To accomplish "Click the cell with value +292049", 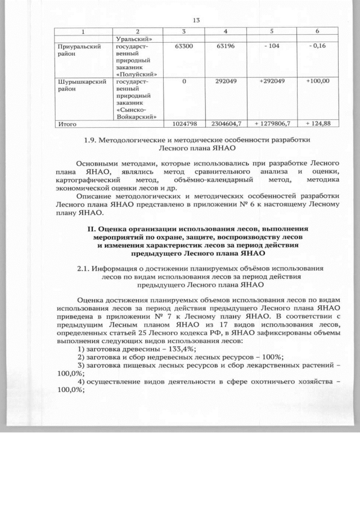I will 272,82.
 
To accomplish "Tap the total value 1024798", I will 183,123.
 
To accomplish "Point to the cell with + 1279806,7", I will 272,123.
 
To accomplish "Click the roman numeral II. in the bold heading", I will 92,229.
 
